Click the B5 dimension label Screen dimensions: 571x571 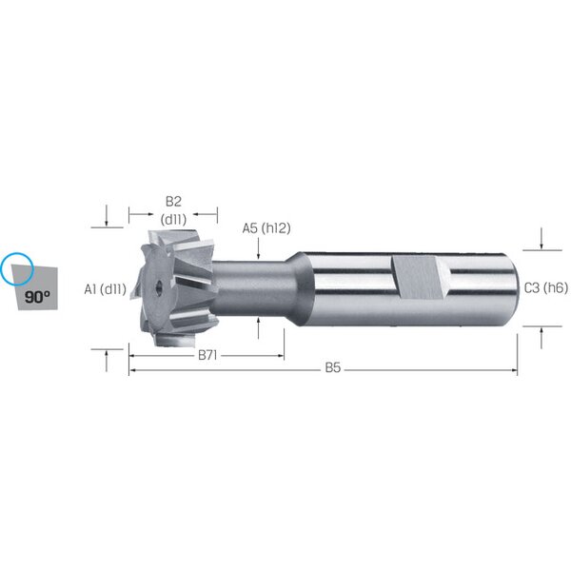(332, 367)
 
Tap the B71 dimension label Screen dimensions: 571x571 (207, 355)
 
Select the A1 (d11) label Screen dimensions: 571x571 (106, 289)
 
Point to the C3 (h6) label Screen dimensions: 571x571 (545, 288)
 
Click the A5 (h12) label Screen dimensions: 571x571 (266, 228)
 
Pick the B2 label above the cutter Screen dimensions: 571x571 (173, 201)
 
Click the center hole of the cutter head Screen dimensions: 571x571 (159, 286)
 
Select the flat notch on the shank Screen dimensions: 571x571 (420, 278)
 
